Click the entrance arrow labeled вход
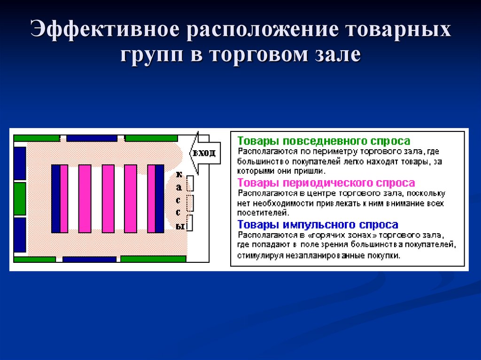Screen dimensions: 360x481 [x=204, y=153]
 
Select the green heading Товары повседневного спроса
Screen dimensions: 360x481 [x=324, y=141]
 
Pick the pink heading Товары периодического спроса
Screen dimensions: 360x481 [x=326, y=183]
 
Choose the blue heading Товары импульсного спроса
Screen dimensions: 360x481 [x=318, y=225]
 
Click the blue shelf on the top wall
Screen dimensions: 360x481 [x=92, y=138]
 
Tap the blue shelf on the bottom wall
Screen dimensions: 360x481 [x=89, y=259]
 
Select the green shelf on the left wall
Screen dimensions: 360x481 [x=20, y=199]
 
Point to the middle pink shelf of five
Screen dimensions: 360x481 [x=108, y=199]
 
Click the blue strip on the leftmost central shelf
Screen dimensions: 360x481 [x=55, y=199]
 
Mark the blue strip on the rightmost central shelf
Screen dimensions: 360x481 [x=159, y=199]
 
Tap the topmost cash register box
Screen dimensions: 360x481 [x=190, y=183]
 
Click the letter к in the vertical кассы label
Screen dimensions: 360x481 [x=178, y=175]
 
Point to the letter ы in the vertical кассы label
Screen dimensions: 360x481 [x=179, y=226]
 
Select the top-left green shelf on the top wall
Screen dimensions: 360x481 [x=37, y=138]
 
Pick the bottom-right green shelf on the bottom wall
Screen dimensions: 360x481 [x=154, y=259]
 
